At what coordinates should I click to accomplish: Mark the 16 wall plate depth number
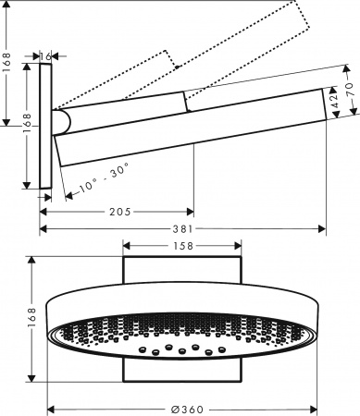click(x=45, y=57)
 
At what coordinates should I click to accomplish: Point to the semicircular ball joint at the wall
click(x=60, y=122)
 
